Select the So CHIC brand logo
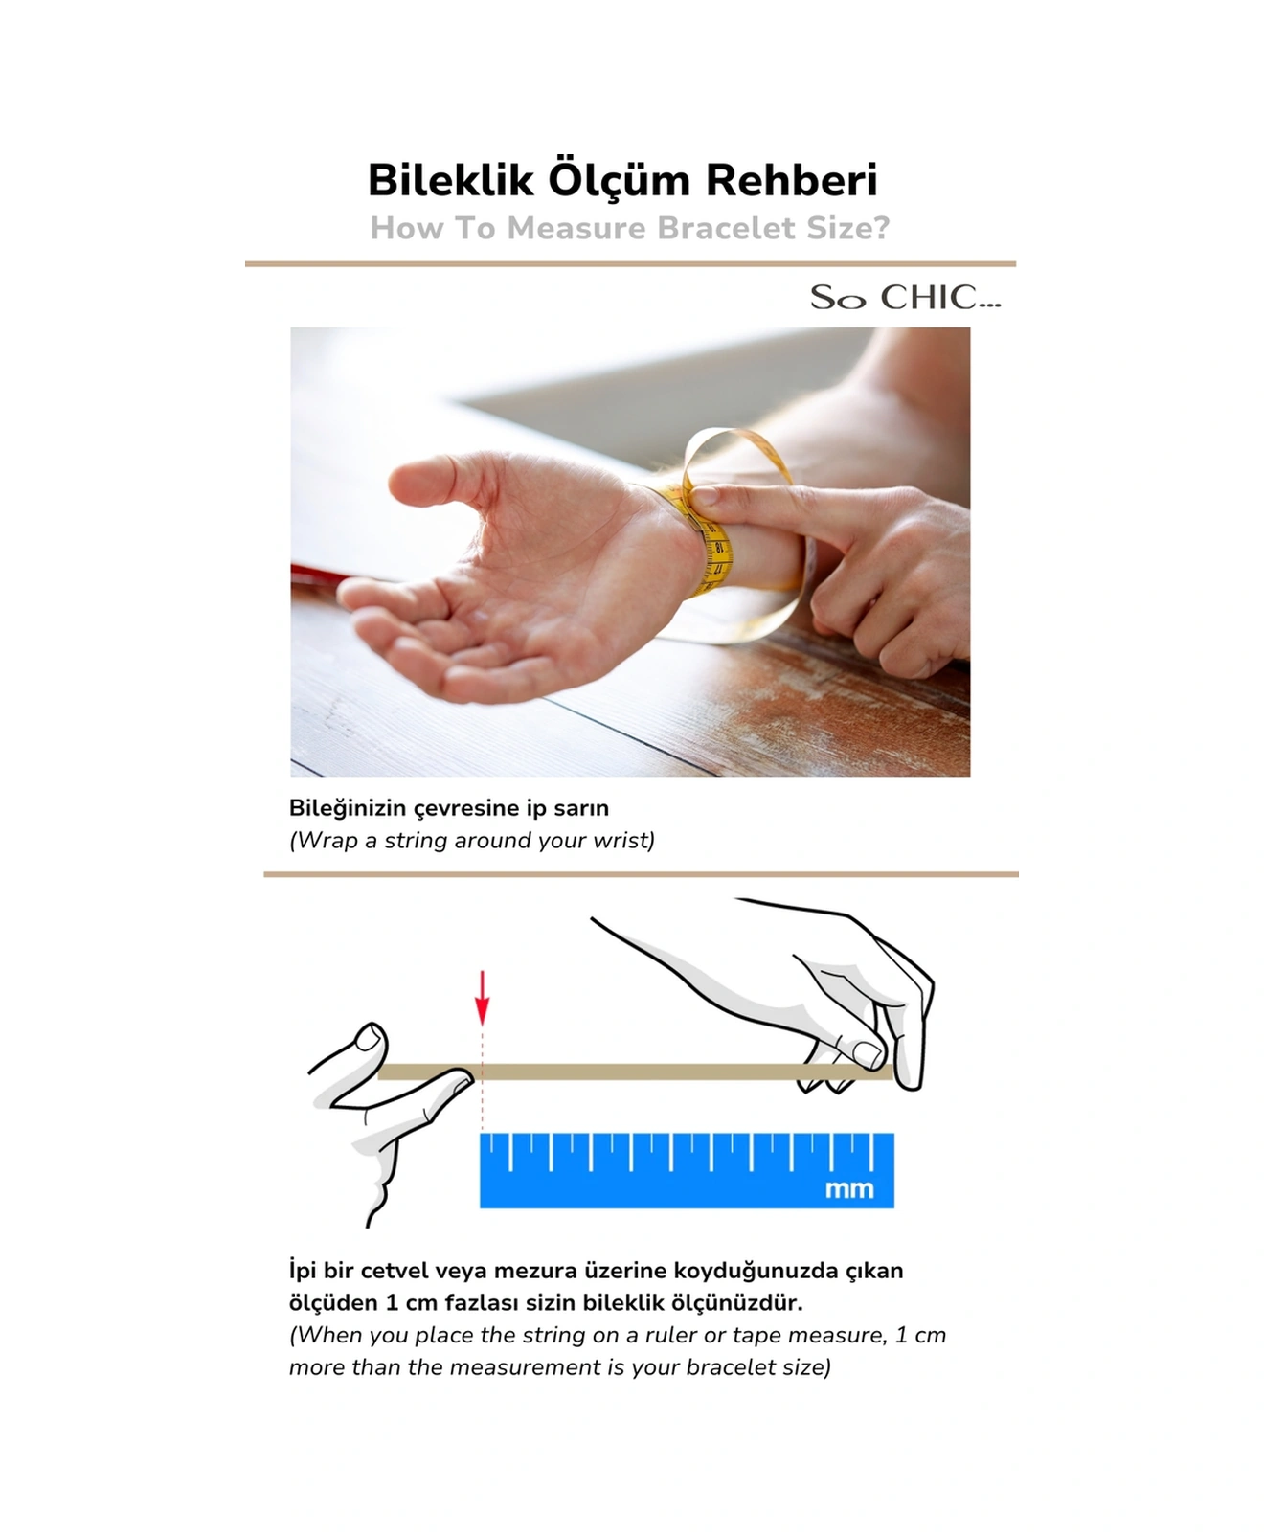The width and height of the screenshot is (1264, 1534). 905,298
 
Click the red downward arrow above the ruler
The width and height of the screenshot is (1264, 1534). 483,999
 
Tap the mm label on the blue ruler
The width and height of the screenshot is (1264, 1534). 849,1189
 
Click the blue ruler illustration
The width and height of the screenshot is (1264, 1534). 686,1170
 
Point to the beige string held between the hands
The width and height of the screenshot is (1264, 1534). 632,1072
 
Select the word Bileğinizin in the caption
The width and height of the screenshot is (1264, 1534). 348,808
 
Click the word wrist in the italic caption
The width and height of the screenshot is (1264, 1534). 621,841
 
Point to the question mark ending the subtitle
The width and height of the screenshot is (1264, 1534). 880,228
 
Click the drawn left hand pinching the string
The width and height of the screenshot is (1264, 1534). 383,1111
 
